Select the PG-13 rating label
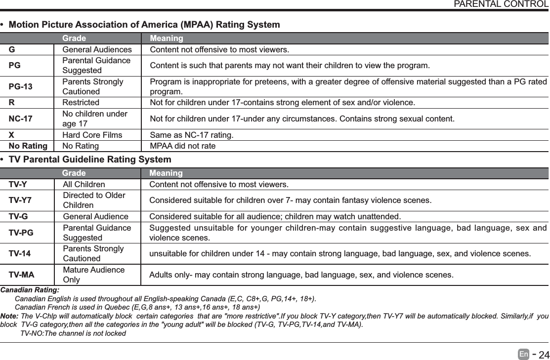[21, 87]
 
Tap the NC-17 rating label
[21, 119]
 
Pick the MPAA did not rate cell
[182, 146]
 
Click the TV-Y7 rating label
[20, 200]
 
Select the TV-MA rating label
[21, 275]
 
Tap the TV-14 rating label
[19, 253]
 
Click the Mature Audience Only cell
[93, 275]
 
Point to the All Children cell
[84, 185]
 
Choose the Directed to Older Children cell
[94, 200]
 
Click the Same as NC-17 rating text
[192, 135]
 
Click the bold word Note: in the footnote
[10, 316]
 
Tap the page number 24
[544, 355]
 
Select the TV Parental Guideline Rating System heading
[90, 160]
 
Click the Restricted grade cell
[80, 103]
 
